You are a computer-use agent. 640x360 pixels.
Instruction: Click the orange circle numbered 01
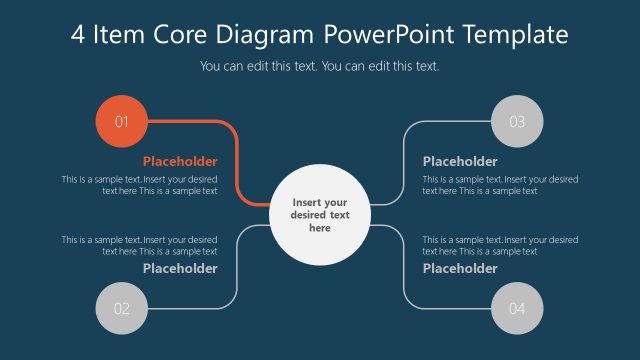click(x=121, y=122)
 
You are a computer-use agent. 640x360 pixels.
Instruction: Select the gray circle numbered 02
click(x=121, y=308)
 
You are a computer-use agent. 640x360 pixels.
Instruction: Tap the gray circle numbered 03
click(x=517, y=122)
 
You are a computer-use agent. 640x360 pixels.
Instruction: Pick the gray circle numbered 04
click(x=517, y=308)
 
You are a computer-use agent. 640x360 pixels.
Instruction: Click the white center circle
click(x=319, y=214)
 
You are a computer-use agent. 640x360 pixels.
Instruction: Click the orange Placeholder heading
click(x=180, y=161)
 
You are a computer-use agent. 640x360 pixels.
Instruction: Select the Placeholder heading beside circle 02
click(x=180, y=268)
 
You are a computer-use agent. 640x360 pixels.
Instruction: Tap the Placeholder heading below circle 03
click(x=460, y=161)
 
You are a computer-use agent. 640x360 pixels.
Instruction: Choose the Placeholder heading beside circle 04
click(x=460, y=268)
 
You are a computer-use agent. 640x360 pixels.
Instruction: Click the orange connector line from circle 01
click(x=236, y=160)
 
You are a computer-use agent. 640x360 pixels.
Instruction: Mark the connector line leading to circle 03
click(x=403, y=160)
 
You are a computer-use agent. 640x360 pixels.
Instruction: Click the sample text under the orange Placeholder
click(x=140, y=185)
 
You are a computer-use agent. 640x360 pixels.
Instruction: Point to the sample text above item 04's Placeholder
click(x=500, y=245)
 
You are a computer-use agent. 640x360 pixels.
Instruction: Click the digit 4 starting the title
click(x=79, y=35)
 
